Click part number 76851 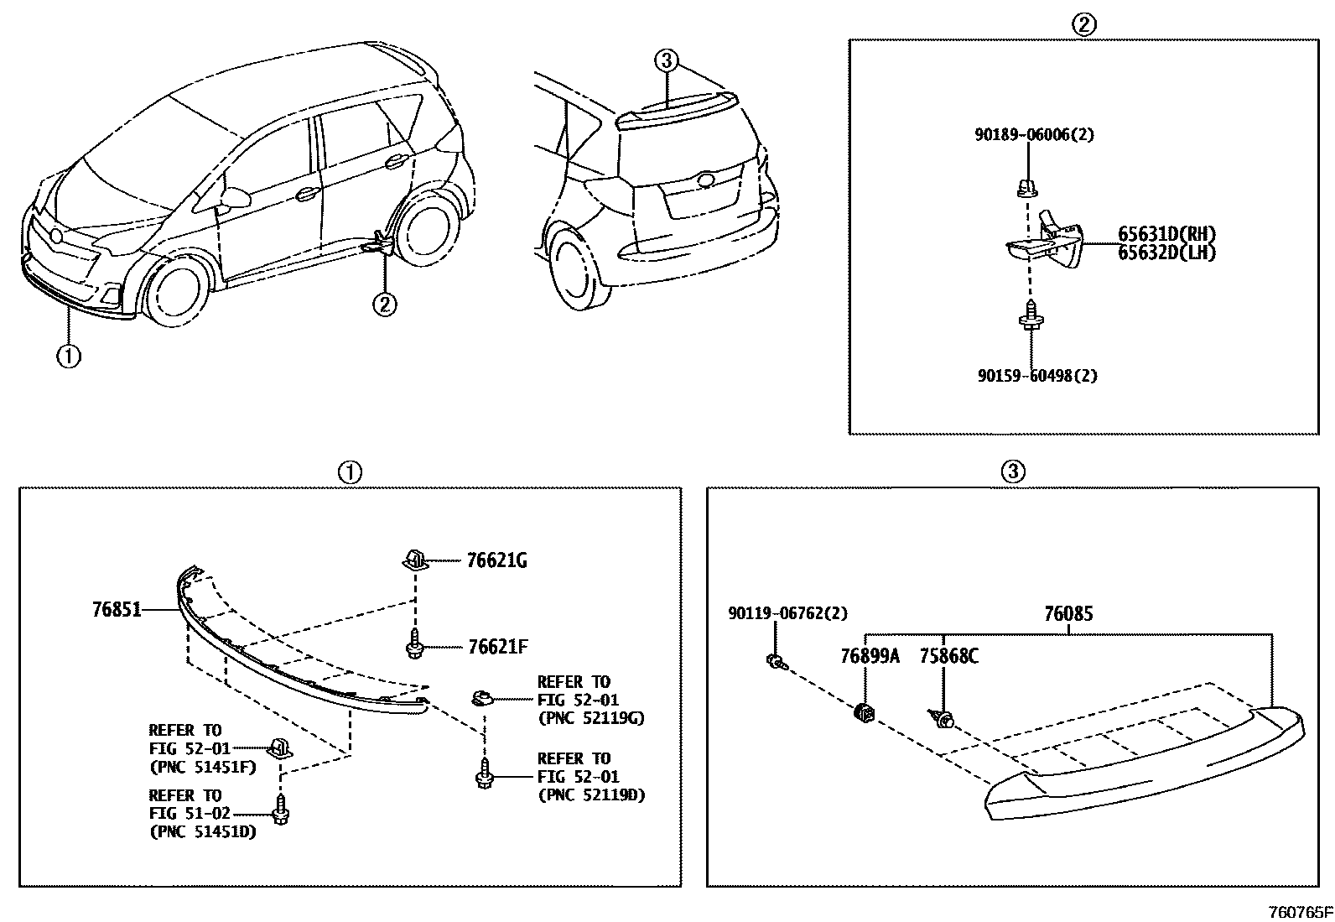117,611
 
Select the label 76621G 496,561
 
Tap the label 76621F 496,647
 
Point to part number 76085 1068,614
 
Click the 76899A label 870,656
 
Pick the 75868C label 948,656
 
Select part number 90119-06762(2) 787,614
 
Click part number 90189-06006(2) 1034,134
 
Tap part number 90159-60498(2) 1036,376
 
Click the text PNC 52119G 591,718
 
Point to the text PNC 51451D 203,832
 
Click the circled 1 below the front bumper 68,356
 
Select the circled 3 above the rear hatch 666,60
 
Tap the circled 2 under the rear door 384,304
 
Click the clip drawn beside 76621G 415,559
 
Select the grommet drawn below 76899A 865,714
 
